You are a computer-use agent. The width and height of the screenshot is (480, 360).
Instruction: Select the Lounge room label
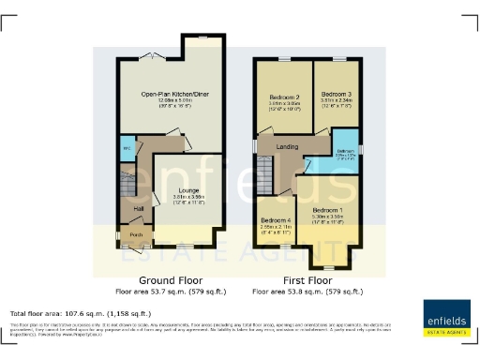187,190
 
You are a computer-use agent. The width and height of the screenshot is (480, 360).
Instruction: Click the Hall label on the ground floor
138,208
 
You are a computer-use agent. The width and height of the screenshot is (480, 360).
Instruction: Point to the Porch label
136,234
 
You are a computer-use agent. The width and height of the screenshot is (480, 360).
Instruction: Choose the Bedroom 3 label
335,95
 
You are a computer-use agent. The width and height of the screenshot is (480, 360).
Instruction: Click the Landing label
288,145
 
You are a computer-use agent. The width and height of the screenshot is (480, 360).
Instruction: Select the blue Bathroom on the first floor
345,153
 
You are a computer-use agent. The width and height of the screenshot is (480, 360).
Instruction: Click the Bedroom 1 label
327,209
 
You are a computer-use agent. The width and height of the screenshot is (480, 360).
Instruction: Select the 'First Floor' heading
307,280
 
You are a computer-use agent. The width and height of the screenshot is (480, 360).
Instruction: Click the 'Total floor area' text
80,313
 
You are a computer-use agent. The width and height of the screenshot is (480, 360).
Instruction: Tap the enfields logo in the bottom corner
446,316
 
